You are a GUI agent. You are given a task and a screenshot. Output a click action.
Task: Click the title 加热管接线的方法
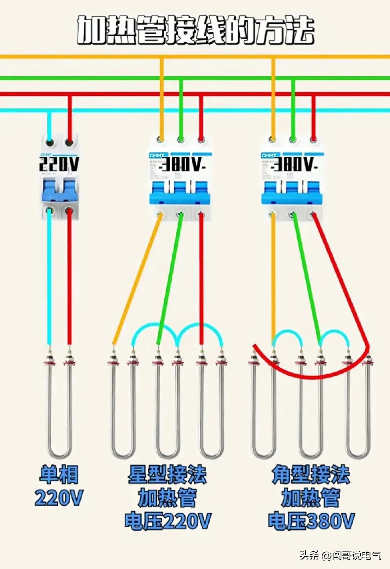[x=195, y=30]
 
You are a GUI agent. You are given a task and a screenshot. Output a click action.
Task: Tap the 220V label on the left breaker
[x=59, y=164]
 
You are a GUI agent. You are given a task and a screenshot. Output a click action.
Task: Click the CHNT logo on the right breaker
[x=269, y=155]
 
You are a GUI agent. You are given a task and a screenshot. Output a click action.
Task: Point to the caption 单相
[x=59, y=474]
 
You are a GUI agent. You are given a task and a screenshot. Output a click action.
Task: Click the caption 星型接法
[x=167, y=474]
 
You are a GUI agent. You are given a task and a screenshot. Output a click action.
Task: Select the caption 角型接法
[x=311, y=474]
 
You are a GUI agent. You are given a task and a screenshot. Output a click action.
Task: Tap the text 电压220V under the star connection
[x=168, y=521]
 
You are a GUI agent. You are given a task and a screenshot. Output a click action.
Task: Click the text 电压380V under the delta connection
[x=311, y=521]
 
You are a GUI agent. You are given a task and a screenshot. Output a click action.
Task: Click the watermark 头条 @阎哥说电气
[x=340, y=555]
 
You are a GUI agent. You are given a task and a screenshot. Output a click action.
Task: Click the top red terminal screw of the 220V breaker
[x=70, y=142]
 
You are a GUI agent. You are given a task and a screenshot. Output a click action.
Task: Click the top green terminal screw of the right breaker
[x=293, y=139]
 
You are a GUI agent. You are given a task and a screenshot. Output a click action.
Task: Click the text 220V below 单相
[x=59, y=497]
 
